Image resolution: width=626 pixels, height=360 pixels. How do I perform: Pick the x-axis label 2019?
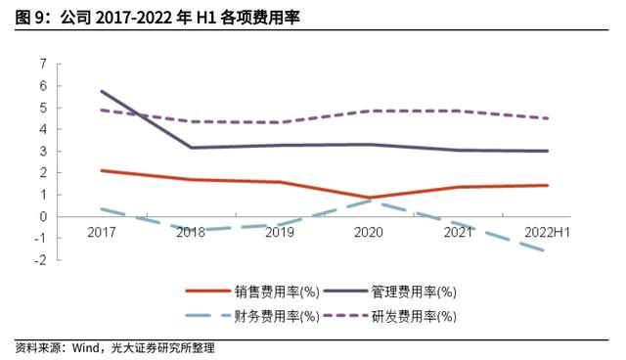[279, 233]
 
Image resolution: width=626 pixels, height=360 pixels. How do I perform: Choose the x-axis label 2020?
[368, 233]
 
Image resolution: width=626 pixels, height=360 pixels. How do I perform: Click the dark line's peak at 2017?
[102, 91]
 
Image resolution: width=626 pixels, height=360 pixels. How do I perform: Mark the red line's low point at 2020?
[369, 198]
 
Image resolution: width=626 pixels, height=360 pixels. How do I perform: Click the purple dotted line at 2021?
[458, 111]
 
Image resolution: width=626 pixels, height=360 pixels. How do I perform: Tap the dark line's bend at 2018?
[191, 148]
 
